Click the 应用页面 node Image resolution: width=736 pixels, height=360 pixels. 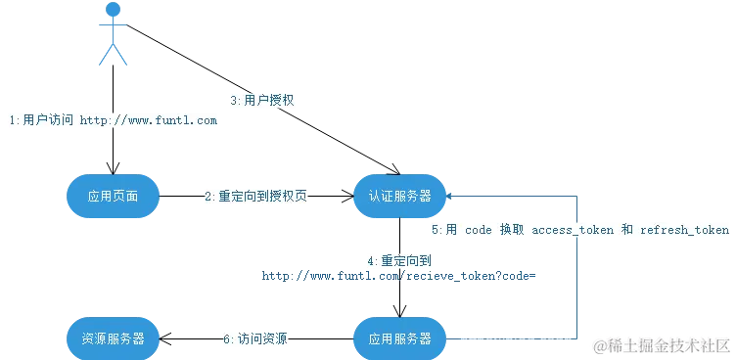tap(113, 196)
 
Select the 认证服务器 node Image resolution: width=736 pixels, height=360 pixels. tap(399, 196)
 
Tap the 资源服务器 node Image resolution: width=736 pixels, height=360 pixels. tap(113, 338)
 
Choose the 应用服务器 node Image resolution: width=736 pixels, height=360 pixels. tap(399, 338)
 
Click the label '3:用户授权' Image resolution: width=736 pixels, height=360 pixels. tap(262, 100)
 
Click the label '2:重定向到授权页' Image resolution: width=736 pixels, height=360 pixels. tap(257, 196)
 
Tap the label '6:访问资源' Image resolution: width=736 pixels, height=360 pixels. tap(256, 338)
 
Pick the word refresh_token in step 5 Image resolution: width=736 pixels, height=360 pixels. tap(684, 230)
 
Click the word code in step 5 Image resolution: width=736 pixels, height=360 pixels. tap(480, 230)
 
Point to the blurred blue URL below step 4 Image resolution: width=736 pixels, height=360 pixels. tap(399, 277)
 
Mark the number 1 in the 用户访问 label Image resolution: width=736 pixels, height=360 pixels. tap(12, 120)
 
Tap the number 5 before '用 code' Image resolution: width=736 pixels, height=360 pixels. tap(437, 230)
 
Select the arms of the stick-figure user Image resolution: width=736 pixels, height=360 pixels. tap(114, 27)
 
